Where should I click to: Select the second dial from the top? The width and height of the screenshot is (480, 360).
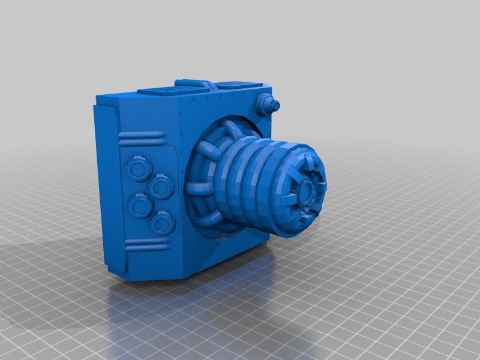(x=161, y=187)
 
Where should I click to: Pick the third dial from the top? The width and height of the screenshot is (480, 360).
(x=140, y=208)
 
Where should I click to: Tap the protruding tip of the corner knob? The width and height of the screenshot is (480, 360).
(x=275, y=105)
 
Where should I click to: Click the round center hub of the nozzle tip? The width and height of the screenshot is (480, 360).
(x=305, y=190)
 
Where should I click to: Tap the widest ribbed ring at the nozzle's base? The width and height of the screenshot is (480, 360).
(x=231, y=186)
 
